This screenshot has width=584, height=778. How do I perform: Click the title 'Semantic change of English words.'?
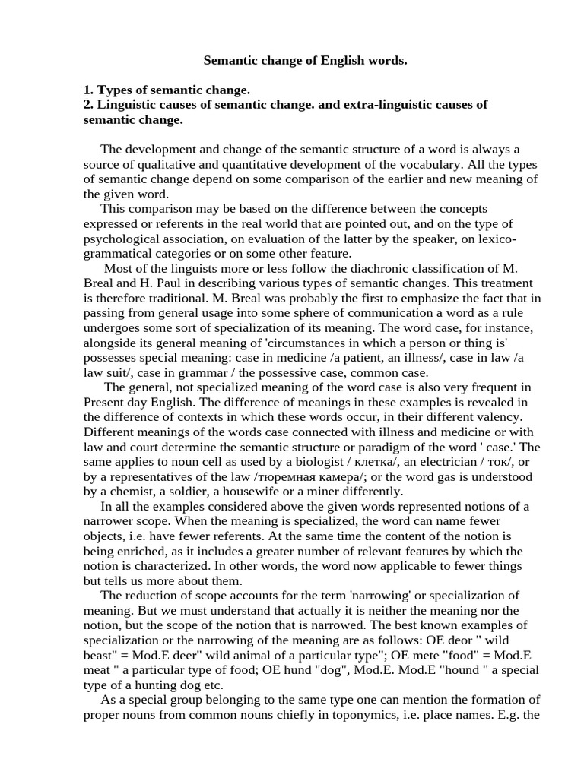(x=305, y=59)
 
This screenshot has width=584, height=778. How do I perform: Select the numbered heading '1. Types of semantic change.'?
(x=167, y=90)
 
